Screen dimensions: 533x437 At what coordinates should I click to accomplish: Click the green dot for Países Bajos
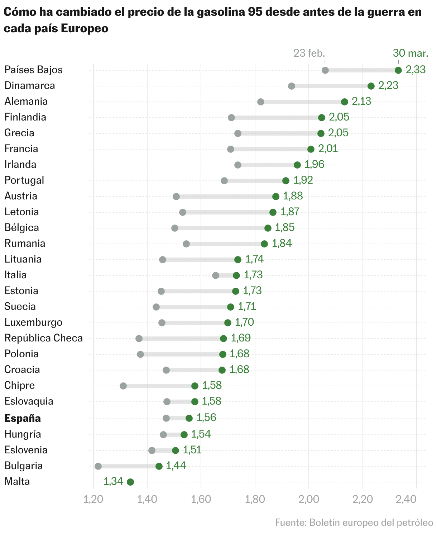tap(398, 70)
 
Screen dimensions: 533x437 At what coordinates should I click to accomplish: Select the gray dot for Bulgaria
tap(98, 466)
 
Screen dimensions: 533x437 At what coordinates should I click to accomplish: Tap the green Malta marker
tap(130, 482)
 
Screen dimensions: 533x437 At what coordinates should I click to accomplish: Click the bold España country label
tap(23, 418)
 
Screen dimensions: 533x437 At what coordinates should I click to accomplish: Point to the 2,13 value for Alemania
tap(361, 102)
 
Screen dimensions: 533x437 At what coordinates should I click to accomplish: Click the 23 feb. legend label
tap(309, 53)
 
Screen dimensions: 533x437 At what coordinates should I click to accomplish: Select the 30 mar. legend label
tap(410, 53)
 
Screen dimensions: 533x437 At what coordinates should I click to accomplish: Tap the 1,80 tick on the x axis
tap(255, 499)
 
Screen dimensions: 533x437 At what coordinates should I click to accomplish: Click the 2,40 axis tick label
tap(416, 499)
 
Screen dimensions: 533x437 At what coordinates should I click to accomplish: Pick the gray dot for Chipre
tap(123, 386)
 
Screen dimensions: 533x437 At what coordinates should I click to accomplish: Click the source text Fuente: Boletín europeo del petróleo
tap(354, 523)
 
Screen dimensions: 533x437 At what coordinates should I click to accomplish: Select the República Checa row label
tap(43, 338)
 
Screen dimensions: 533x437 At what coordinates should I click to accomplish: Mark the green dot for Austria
tap(276, 197)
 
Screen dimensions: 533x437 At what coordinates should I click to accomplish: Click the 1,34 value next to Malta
tap(113, 481)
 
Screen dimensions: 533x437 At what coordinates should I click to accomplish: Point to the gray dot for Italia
tap(216, 275)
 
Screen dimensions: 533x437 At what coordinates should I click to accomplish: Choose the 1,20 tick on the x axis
tap(93, 499)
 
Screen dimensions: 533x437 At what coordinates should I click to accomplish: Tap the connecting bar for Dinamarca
tap(331, 86)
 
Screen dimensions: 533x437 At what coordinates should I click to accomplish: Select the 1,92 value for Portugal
tap(303, 180)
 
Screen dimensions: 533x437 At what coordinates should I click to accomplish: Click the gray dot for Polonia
tap(140, 354)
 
